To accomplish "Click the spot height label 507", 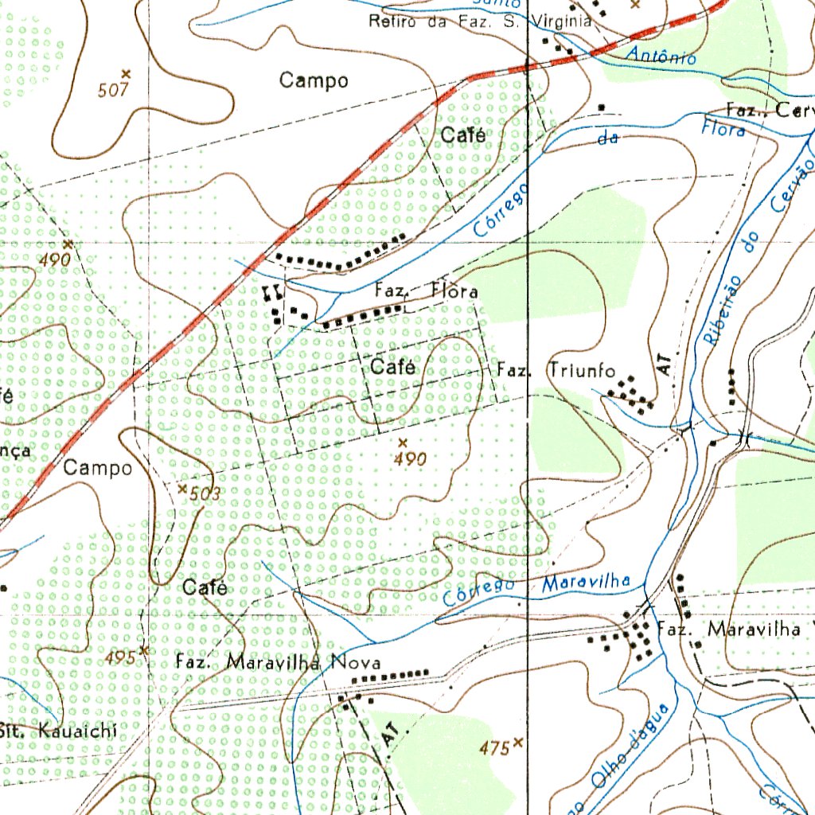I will coord(113,90).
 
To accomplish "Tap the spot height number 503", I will coord(205,494).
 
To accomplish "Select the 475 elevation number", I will coord(493,748).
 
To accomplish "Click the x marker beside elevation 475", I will coord(518,742).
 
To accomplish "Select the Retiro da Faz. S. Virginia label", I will coord(479,22).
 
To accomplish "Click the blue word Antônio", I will coord(661,56).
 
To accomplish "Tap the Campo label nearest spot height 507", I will coord(314,80).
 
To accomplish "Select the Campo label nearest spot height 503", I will coord(98,468).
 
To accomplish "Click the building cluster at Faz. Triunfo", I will coord(631,392).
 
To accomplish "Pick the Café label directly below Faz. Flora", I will coord(392,368).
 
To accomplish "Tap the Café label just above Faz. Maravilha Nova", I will coord(205,588).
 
